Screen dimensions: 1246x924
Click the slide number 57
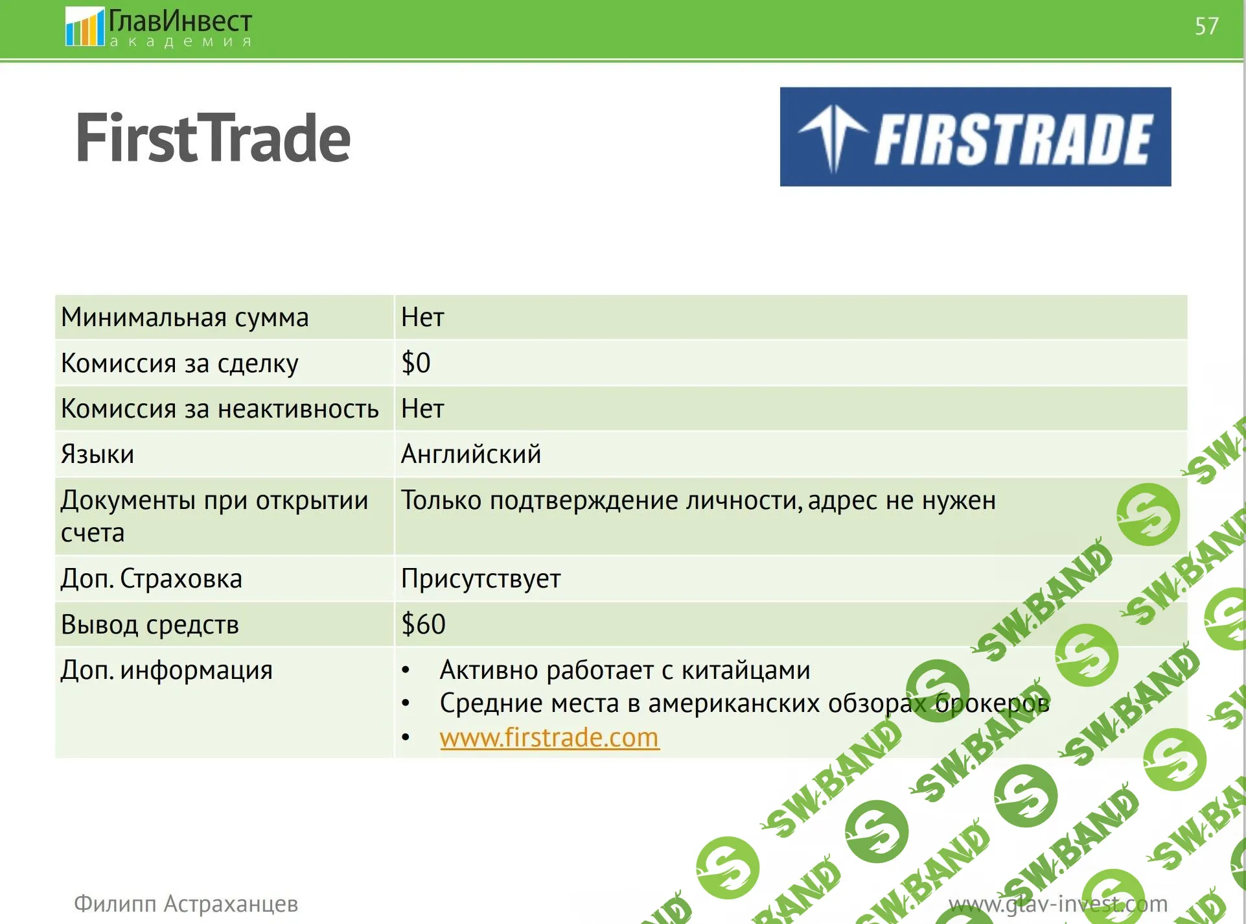[x=1206, y=27]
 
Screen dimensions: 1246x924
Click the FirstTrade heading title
[x=213, y=137]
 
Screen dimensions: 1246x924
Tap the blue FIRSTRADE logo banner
[x=975, y=137]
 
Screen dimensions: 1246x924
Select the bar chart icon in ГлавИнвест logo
[x=84, y=27]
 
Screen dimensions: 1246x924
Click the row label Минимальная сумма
[x=185, y=318]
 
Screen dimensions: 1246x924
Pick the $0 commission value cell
[x=416, y=362]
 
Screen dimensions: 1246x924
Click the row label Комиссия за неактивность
[x=220, y=409]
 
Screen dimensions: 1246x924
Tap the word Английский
[x=471, y=454]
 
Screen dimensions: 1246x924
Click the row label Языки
[x=97, y=455]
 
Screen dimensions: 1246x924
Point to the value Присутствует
[x=481, y=578]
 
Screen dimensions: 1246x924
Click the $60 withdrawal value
[x=423, y=624]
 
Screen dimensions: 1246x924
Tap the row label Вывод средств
[x=150, y=624]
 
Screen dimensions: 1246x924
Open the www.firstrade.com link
[x=549, y=738]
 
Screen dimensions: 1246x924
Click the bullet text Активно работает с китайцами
[x=625, y=670]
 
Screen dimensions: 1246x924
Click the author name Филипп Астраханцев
[x=186, y=903]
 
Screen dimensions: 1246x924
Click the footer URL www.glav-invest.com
[x=1058, y=903]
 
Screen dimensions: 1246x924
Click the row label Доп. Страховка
[x=152, y=578]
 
